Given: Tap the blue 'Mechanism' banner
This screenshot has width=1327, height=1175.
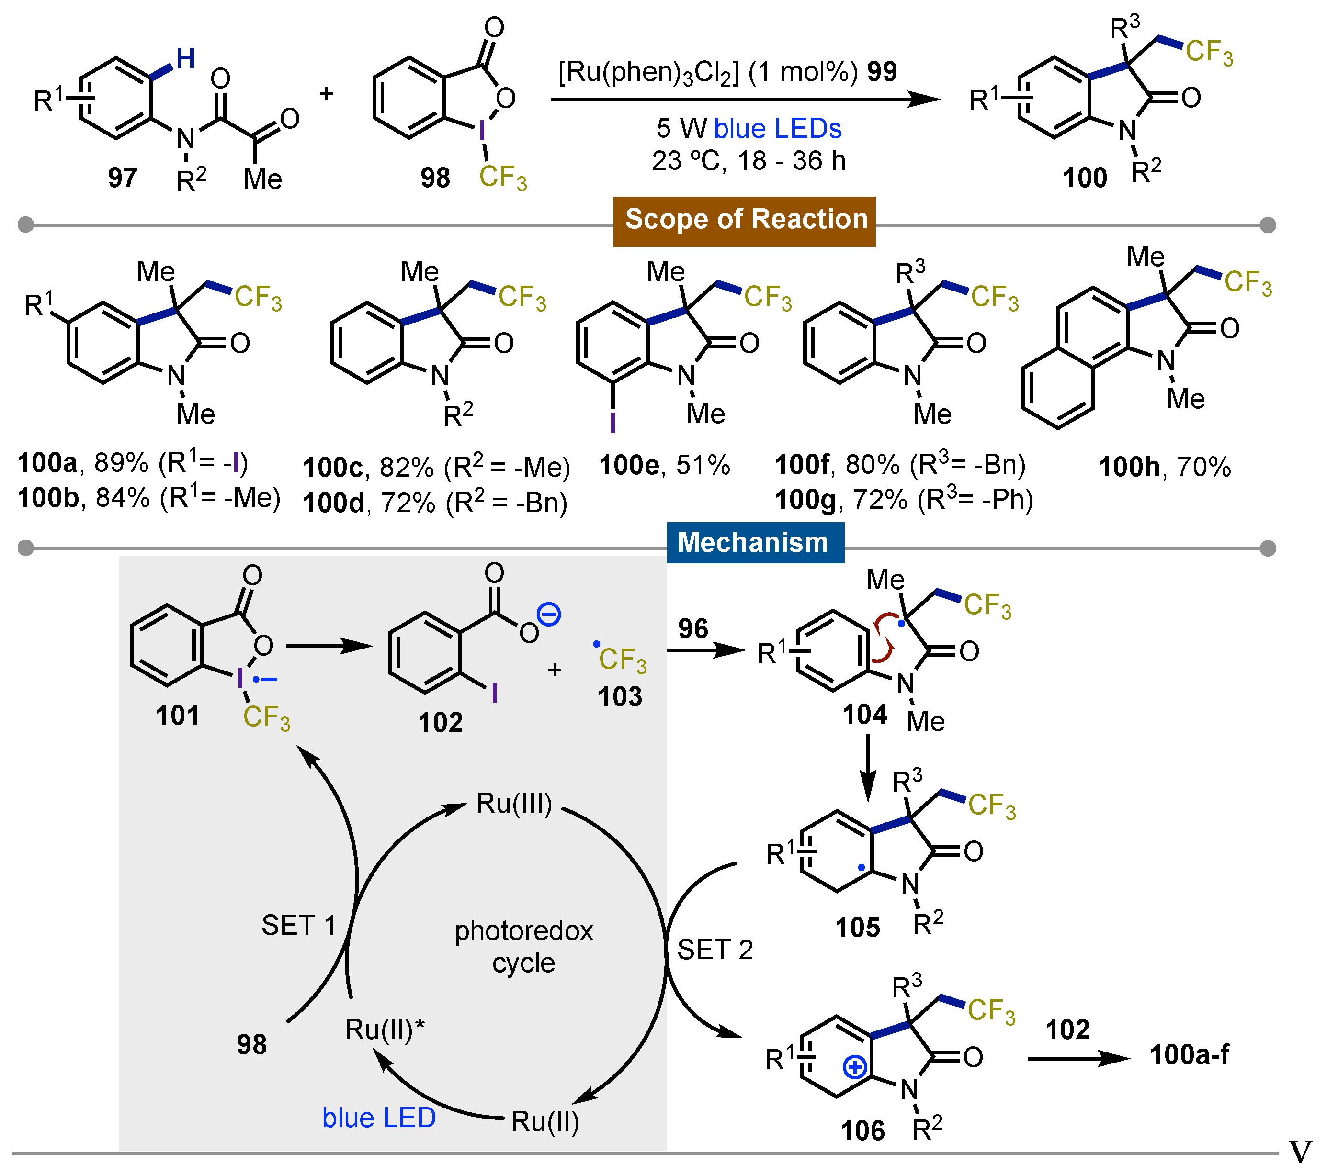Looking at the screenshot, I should [x=755, y=542].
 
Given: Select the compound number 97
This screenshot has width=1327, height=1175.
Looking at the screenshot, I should [x=122, y=177].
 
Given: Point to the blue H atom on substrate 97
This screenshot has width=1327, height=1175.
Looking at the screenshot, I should [x=186, y=58].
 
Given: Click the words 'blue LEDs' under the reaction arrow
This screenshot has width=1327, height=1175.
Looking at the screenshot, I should [x=777, y=128].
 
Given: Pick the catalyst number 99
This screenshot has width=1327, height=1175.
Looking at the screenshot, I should [x=881, y=71].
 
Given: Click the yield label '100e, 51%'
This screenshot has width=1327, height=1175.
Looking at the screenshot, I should [x=664, y=465].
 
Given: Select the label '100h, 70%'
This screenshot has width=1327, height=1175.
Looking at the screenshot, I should [x=1164, y=467].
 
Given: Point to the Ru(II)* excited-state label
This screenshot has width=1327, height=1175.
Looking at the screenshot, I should [x=385, y=1029].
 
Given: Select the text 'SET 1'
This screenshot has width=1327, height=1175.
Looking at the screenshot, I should [x=299, y=925].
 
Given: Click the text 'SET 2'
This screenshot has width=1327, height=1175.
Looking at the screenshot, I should [x=715, y=950].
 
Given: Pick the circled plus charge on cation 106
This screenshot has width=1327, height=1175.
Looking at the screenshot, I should [x=854, y=1067].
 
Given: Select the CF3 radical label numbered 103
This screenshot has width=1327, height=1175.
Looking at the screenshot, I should [x=620, y=696].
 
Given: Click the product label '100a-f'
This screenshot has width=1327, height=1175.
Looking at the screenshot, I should [x=1190, y=1055].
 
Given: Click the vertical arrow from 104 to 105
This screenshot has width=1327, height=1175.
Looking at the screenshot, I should [x=868, y=766].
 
